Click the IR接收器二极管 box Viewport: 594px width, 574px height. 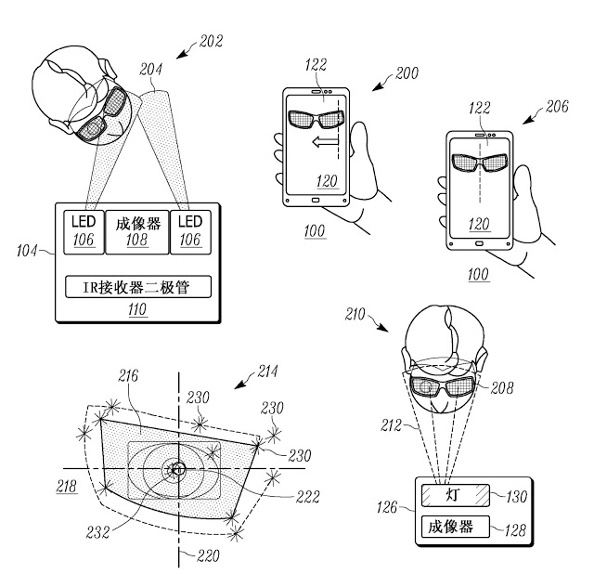[x=138, y=287]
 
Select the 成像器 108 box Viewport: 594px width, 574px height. [x=136, y=232]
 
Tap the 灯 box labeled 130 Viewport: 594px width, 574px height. [x=456, y=495]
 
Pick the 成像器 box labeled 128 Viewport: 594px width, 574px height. [x=456, y=527]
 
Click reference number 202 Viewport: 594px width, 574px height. [x=211, y=41]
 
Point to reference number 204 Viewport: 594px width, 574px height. [x=150, y=70]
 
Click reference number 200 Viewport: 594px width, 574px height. [x=407, y=73]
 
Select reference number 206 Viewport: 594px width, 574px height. [x=557, y=107]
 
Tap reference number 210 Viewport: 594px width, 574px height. [x=355, y=314]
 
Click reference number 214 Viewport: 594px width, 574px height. [x=267, y=372]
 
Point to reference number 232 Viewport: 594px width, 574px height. [x=97, y=532]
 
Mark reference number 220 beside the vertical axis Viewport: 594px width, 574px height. [x=208, y=555]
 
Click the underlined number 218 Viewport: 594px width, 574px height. [x=67, y=487]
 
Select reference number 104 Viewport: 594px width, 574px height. [x=27, y=251]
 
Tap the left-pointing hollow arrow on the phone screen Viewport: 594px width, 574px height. [x=325, y=142]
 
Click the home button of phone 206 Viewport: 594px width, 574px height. [x=479, y=243]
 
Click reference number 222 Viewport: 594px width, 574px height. [x=307, y=497]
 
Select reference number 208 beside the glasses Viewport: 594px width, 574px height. [x=502, y=388]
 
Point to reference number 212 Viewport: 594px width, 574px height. [x=391, y=425]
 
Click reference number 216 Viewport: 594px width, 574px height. [x=128, y=376]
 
